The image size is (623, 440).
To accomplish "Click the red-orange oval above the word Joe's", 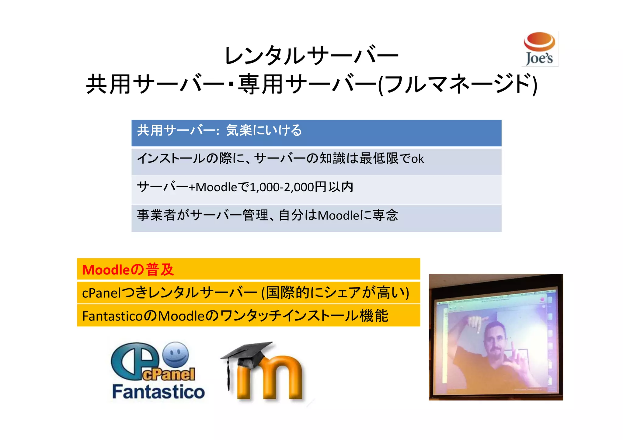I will (x=539, y=41).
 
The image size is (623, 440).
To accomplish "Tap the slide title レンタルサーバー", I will (x=311, y=56).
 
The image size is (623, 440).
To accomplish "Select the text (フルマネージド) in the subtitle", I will (x=458, y=85).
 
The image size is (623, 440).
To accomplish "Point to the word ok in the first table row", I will (x=417, y=159).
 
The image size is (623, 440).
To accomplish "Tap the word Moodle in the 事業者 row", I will (x=339, y=216).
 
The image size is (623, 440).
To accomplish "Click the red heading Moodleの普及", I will (x=128, y=270).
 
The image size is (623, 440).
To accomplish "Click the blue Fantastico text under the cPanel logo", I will (x=158, y=392).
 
